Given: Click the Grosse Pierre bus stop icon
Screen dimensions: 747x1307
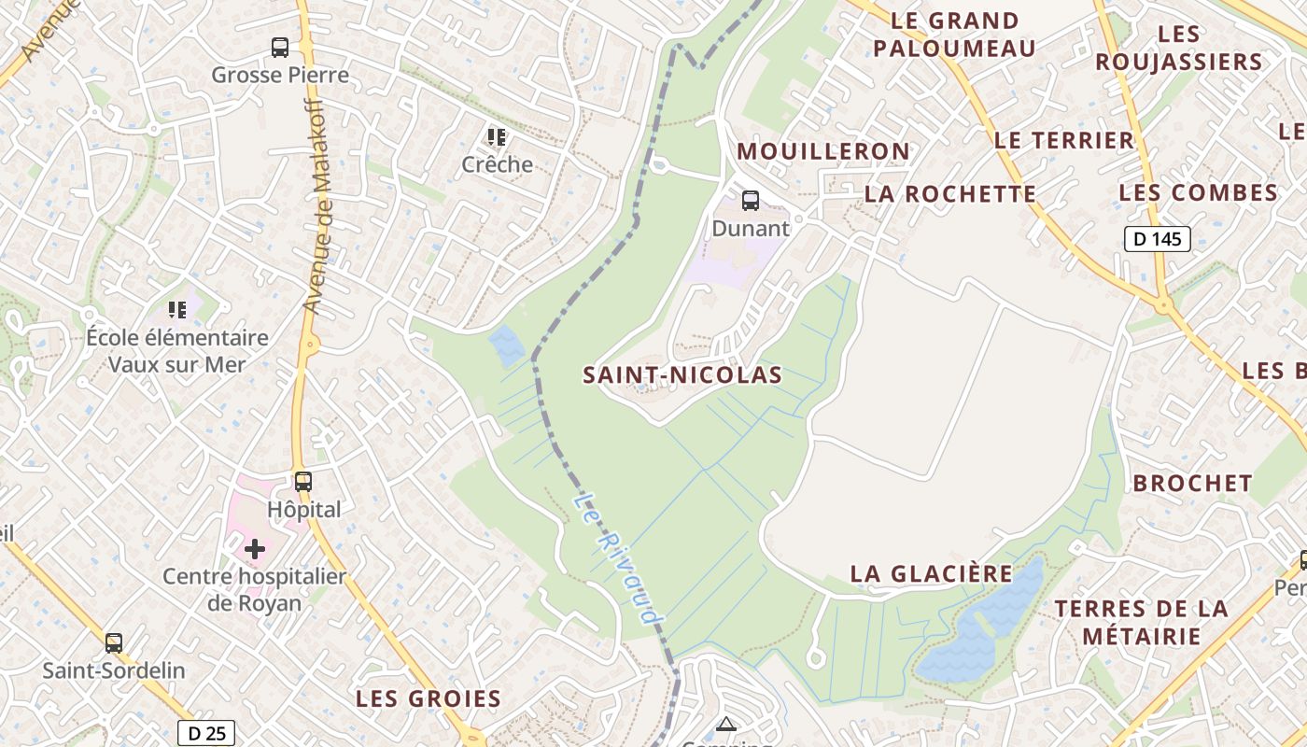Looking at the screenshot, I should (279, 48).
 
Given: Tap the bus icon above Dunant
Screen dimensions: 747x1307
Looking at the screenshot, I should (750, 200).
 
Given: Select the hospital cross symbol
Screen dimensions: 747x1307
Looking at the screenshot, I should (254, 549).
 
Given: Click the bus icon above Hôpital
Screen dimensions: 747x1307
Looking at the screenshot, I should (303, 482).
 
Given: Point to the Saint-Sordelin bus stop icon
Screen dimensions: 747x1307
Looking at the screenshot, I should (114, 643).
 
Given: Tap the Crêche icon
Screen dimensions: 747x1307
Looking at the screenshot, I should (497, 137).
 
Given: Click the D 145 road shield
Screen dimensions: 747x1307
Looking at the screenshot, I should (1157, 239).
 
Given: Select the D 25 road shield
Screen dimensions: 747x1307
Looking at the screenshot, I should (206, 733).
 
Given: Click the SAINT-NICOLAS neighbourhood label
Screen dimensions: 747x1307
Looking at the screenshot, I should (682, 375).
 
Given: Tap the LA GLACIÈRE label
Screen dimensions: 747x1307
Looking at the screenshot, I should (931, 573).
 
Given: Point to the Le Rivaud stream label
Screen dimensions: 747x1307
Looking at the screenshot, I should (617, 561).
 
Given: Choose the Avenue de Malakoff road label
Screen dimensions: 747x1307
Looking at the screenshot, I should (318, 204).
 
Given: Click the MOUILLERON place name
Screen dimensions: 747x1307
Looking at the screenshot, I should (823, 151).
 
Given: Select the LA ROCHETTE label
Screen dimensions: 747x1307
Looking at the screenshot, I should (949, 194).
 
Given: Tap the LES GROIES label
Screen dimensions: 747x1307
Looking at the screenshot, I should (429, 698).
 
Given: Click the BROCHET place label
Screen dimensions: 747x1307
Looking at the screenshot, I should (1192, 483).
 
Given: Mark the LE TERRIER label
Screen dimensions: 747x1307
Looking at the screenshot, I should (1064, 141).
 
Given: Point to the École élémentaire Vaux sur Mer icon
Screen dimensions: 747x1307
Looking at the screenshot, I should (177, 309).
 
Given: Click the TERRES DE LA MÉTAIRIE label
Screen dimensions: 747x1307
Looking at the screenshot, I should (1142, 623).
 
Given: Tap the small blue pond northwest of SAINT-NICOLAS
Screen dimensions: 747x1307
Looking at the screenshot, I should (507, 345).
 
